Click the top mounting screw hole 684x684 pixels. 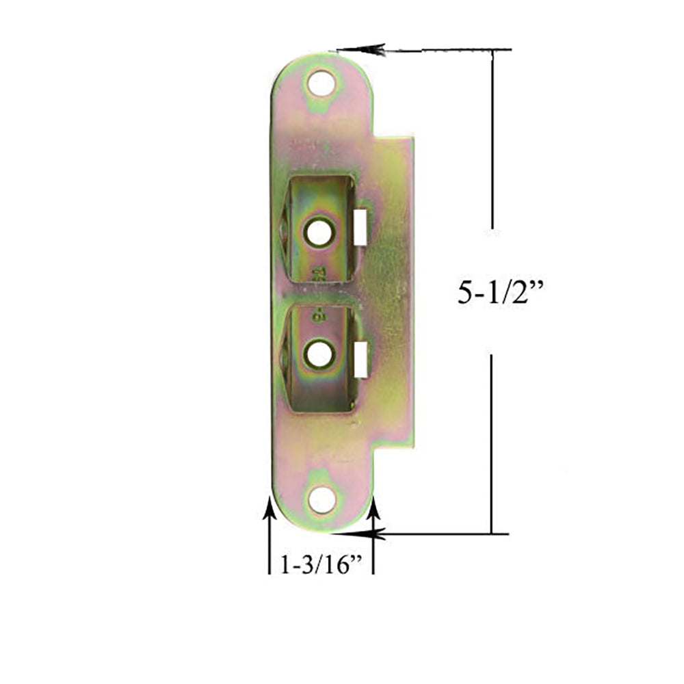pyautogui.click(x=321, y=84)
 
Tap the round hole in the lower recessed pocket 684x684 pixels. pyautogui.click(x=318, y=354)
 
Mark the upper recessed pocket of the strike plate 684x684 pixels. pyautogui.click(x=319, y=228)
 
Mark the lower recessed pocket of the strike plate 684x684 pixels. pyautogui.click(x=319, y=359)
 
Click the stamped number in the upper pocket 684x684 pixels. pyautogui.click(x=317, y=274)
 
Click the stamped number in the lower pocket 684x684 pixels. pyautogui.click(x=317, y=316)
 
